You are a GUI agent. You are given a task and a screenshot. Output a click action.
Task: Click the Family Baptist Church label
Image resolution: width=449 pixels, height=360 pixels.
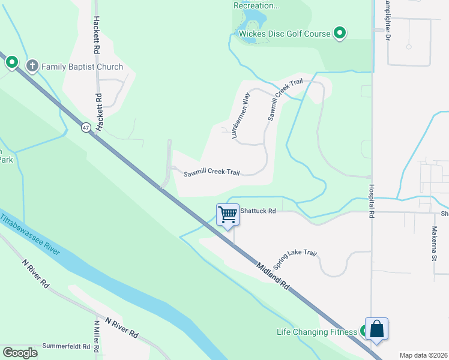click(x=82, y=67)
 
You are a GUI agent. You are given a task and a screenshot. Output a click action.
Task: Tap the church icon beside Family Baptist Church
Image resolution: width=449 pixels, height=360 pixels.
click(x=32, y=66)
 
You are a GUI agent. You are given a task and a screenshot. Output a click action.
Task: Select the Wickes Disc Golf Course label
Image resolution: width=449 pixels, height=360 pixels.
click(x=285, y=34)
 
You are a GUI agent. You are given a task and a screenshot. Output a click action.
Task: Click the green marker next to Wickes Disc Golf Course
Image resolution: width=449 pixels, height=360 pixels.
click(x=340, y=33)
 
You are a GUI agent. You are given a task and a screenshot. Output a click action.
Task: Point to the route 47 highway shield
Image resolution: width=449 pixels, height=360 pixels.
click(x=86, y=127)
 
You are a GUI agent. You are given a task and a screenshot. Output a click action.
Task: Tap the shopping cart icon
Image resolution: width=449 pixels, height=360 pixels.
click(x=228, y=214)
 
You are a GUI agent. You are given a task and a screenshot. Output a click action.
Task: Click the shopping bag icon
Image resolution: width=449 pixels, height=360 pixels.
click(x=376, y=329)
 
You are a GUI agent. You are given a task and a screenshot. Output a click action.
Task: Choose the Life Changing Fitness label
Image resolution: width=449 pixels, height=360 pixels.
click(x=316, y=332)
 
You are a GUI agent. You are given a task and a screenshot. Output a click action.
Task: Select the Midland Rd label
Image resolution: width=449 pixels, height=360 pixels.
click(x=274, y=276)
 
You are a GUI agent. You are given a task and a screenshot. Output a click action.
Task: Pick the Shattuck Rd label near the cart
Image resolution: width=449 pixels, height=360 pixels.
click(x=258, y=211)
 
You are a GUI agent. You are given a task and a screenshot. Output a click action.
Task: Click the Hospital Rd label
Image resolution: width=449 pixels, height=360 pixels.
click(x=372, y=201)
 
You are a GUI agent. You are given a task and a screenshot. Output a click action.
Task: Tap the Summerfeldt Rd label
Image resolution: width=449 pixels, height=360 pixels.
click(x=66, y=347)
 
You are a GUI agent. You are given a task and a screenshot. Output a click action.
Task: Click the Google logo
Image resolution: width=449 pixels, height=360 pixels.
click(x=20, y=353)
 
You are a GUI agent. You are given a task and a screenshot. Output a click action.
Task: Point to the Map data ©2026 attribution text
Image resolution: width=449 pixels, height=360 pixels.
click(x=423, y=355)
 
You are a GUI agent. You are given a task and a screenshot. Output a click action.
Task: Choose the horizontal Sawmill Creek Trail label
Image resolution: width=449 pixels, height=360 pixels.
click(x=211, y=173)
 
